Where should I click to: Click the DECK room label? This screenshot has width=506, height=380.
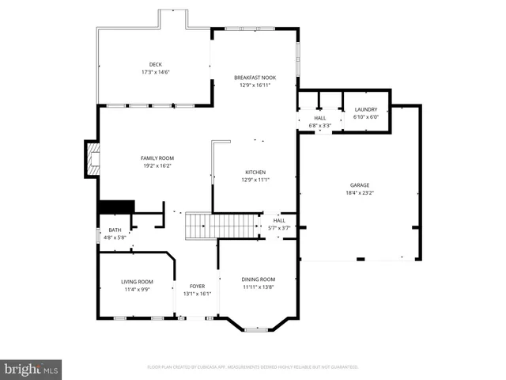click(156, 65)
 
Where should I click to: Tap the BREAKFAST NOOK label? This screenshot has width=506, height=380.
click(255, 78)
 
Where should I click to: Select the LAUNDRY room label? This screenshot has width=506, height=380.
click(365, 109)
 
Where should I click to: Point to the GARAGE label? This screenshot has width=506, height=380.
click(359, 184)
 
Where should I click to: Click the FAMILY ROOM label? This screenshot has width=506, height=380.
click(156, 158)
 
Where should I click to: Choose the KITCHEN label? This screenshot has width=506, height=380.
click(255, 172)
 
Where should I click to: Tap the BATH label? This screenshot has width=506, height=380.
click(115, 230)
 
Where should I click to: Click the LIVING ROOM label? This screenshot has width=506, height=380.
click(137, 282)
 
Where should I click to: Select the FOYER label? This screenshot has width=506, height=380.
click(197, 286)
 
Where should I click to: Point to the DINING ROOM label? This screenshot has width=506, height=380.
click(258, 279)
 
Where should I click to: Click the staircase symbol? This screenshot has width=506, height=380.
click(201, 226)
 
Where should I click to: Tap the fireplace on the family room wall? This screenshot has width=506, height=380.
click(93, 161)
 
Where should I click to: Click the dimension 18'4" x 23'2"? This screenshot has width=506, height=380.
click(359, 192)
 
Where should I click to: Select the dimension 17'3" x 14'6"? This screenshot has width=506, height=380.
click(156, 72)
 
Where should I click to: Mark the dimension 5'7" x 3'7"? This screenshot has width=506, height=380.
click(279, 228)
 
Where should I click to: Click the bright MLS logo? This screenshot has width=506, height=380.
click(32, 369)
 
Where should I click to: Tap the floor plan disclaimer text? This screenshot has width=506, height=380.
click(253, 367)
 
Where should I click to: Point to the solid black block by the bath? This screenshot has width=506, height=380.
click(115, 206)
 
